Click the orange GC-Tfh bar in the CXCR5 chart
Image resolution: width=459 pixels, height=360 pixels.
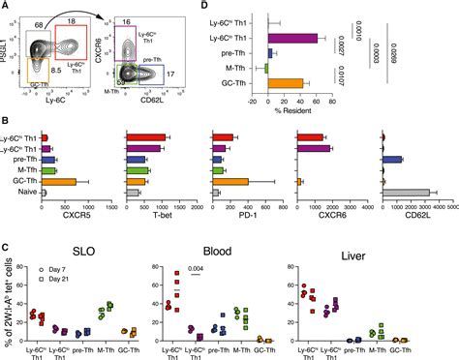[59, 181]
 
